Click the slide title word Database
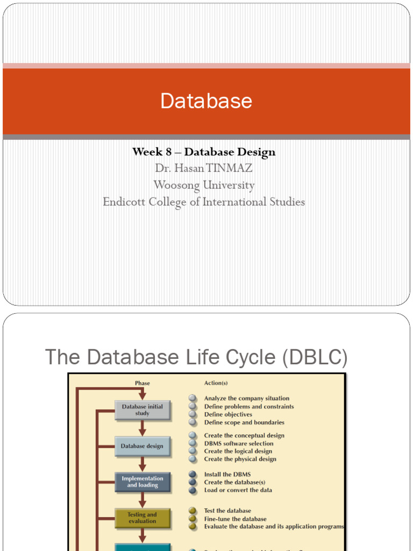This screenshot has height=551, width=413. (x=206, y=101)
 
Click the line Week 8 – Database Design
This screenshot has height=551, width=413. (x=204, y=152)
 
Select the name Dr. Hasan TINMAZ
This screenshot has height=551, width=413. (x=204, y=168)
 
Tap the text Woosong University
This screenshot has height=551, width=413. (x=204, y=185)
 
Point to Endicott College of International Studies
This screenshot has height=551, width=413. (x=204, y=202)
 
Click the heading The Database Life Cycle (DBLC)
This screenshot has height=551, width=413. (x=196, y=357)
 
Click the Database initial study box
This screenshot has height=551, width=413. (x=143, y=410)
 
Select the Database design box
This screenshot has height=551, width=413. (x=142, y=446)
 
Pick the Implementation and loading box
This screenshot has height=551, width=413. (x=143, y=482)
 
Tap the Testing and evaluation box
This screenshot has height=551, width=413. (x=143, y=518)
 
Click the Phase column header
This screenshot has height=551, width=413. (x=143, y=383)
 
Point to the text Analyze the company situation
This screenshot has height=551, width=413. (x=247, y=399)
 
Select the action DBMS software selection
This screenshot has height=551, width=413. (x=239, y=443)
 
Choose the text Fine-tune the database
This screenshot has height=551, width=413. (x=235, y=519)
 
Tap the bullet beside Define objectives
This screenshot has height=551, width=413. (x=193, y=414)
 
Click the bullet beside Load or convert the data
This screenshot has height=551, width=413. (x=193, y=490)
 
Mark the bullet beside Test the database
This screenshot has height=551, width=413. (x=193, y=511)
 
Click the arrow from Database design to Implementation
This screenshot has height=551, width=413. (x=143, y=463)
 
